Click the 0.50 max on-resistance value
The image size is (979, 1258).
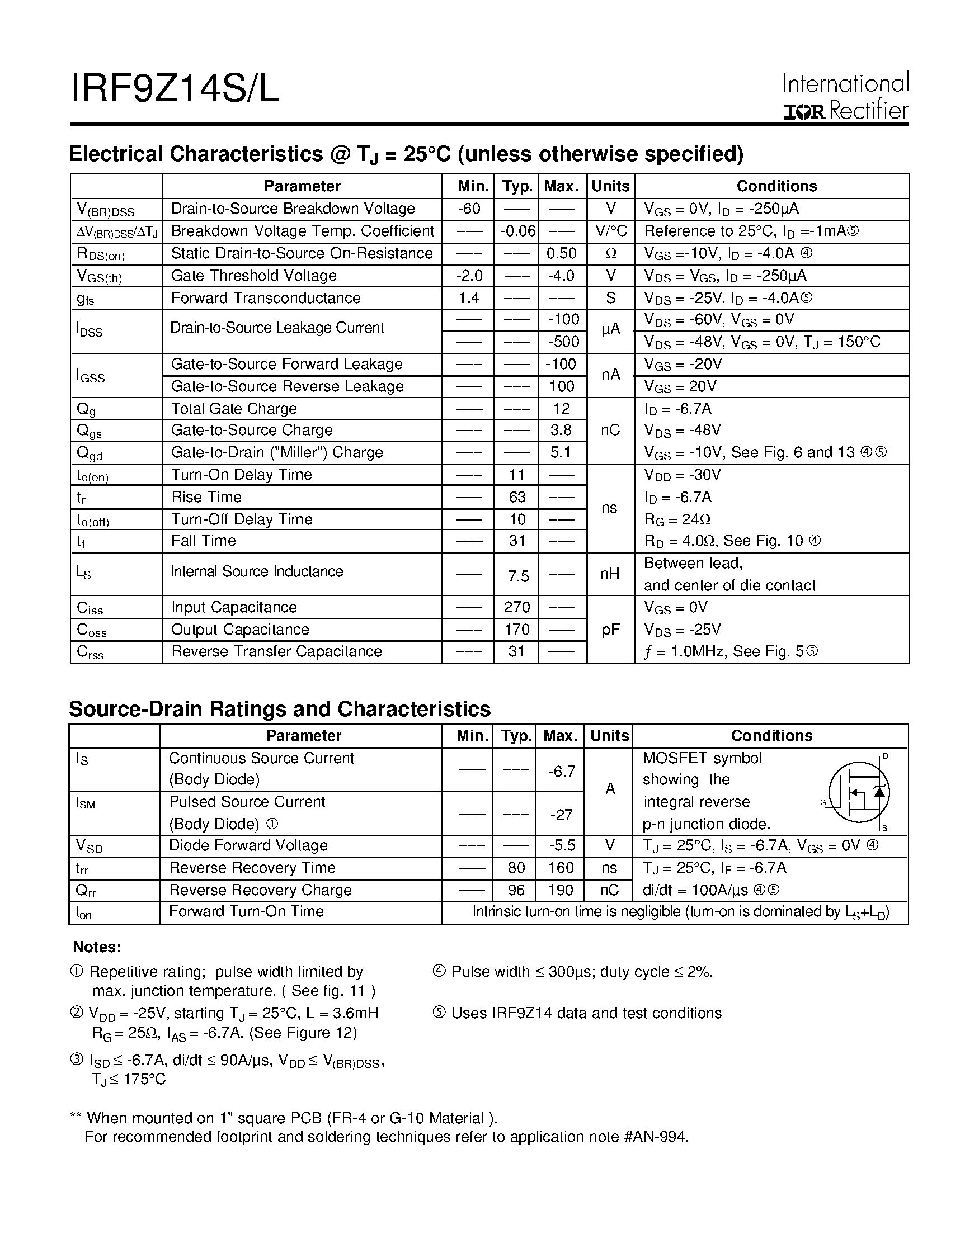561,253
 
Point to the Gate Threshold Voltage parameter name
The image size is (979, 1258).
253,276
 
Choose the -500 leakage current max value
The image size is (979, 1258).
562,342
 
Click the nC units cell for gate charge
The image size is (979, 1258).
610,431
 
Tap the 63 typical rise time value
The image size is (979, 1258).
517,497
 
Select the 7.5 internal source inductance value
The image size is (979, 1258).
518,576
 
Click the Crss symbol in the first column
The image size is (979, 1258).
90,652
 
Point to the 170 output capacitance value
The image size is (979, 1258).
517,630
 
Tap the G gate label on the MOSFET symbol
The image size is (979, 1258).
823,802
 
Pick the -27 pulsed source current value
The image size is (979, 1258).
561,815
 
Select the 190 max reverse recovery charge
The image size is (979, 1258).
560,890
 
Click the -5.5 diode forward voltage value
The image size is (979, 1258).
561,845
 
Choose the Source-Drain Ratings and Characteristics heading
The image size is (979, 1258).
280,709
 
